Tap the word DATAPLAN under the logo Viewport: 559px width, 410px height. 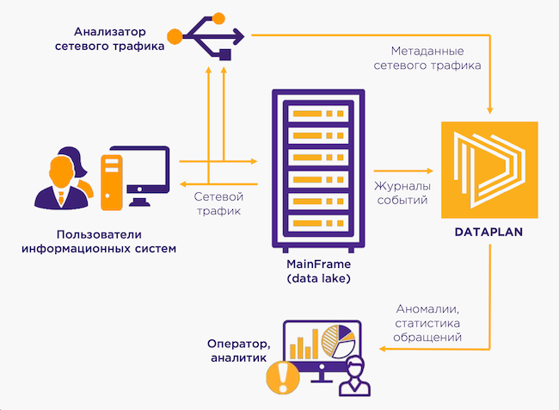tap(488, 233)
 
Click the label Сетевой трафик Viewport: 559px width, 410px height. tap(218, 202)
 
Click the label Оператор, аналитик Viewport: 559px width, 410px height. tap(233, 349)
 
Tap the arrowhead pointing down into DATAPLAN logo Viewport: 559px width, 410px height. tap(489, 111)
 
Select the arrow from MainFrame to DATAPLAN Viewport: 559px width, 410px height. tap(400, 170)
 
